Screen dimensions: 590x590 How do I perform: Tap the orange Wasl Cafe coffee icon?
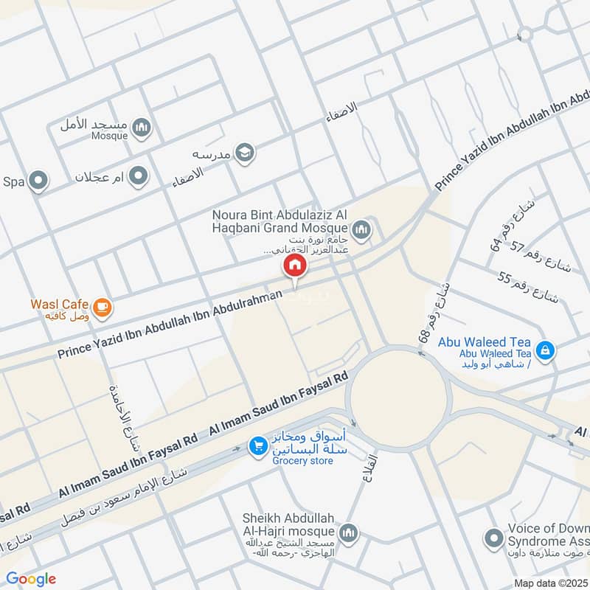pos(103,308)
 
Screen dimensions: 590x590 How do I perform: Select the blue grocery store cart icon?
pos(257,447)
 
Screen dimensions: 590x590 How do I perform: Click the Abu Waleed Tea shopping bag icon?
pos(544,348)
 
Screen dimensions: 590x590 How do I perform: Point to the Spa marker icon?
pos(38,181)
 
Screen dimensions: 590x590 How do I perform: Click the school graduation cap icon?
pos(246,153)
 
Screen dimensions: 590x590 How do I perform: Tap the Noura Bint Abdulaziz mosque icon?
pos(361,231)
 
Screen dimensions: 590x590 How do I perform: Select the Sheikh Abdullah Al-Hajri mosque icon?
pos(350,532)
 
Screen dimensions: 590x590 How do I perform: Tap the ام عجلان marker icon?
pos(138,176)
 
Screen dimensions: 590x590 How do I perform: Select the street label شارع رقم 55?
pos(529,288)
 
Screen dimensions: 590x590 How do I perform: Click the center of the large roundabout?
pos(399,398)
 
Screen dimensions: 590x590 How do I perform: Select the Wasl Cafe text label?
pos(60,304)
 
